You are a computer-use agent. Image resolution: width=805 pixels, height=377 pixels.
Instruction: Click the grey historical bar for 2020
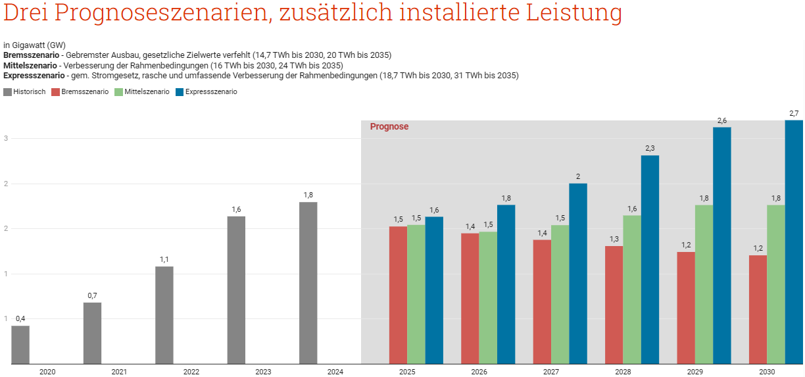pyautogui.click(x=20, y=345)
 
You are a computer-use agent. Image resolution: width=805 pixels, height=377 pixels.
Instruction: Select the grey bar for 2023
pyautogui.click(x=236, y=289)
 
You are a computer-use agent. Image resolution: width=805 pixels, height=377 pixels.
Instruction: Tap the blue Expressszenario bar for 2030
pyautogui.click(x=794, y=242)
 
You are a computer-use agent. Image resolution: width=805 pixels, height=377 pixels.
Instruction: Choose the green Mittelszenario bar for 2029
pyautogui.click(x=704, y=284)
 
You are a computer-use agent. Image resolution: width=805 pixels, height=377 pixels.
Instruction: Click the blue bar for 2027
pyautogui.click(x=578, y=273)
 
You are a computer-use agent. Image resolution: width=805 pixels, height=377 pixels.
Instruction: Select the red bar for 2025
pyautogui.click(x=398, y=295)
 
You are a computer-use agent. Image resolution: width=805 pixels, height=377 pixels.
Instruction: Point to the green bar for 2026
pyautogui.click(x=488, y=297)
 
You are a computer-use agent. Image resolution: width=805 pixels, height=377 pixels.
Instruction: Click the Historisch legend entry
pyautogui.click(x=24, y=92)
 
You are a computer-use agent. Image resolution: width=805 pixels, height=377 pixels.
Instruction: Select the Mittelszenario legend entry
pyautogui.click(x=141, y=92)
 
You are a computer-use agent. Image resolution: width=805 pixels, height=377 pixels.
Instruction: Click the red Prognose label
pyautogui.click(x=389, y=126)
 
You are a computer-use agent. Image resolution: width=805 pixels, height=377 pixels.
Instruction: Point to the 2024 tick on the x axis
pyautogui.click(x=335, y=372)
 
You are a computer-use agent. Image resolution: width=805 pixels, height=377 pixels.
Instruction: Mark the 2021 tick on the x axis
pyautogui.click(x=119, y=372)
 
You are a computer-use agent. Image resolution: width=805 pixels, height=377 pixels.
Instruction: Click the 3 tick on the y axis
pyautogui.click(x=5, y=139)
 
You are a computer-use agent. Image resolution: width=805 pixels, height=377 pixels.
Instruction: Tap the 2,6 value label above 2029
pyautogui.click(x=721, y=120)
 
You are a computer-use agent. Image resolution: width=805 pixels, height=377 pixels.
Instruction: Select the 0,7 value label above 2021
pyautogui.click(x=92, y=295)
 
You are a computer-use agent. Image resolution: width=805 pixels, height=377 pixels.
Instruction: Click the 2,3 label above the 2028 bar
pyautogui.click(x=650, y=149)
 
